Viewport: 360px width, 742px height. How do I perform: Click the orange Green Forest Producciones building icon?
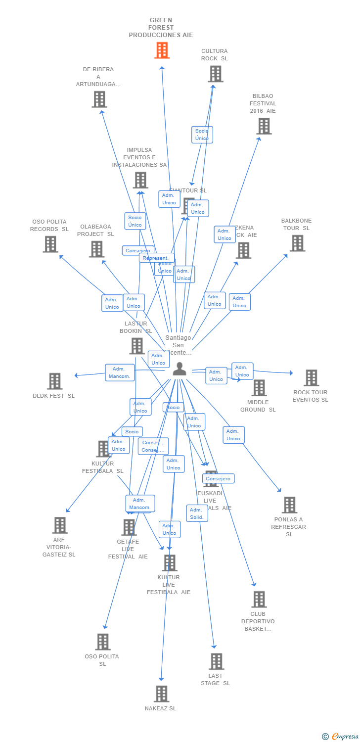click(x=162, y=50)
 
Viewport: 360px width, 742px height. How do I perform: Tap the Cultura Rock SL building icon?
click(x=215, y=74)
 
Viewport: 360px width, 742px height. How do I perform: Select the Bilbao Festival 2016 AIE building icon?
click(x=264, y=126)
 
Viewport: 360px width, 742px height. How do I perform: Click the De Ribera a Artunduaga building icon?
click(x=99, y=99)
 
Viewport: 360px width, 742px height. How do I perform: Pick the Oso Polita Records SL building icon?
click(x=50, y=244)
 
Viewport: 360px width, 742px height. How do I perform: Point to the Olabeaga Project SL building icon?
click(x=96, y=249)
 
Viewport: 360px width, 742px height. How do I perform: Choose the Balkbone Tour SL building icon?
click(x=297, y=243)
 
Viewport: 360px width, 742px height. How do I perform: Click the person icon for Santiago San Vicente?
click(x=180, y=369)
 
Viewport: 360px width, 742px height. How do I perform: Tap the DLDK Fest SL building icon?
click(x=55, y=381)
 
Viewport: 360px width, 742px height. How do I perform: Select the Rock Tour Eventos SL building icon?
click(x=311, y=378)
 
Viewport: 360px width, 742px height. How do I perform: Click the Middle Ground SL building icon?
click(x=259, y=388)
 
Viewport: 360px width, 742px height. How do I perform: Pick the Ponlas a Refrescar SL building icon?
click(x=289, y=505)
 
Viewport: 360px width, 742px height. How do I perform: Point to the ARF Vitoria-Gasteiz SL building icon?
click(x=60, y=525)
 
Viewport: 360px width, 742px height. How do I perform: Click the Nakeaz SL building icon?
click(x=161, y=694)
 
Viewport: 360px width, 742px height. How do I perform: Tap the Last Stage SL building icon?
click(x=216, y=661)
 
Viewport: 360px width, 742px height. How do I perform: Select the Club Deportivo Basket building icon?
click(x=259, y=600)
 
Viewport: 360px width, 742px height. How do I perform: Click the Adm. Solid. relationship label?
click(x=197, y=513)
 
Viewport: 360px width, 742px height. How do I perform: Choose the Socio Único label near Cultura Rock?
click(x=202, y=135)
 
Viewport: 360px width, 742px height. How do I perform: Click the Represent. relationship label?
click(x=156, y=258)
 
